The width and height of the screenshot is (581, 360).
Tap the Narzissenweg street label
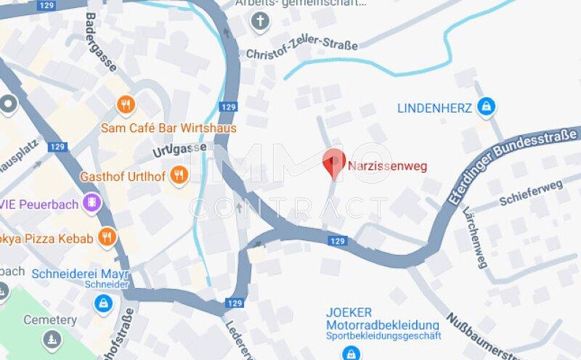point(387,165)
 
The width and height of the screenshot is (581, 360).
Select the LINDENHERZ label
point(434,108)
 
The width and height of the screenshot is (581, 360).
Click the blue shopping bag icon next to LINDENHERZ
point(485,108)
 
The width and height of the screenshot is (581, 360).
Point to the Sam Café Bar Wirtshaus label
point(168,128)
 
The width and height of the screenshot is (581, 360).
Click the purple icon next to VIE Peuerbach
point(92,202)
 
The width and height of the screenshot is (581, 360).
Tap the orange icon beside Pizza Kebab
point(107,237)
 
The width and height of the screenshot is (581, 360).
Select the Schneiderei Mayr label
point(80,274)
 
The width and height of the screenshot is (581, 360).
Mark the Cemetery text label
point(49,319)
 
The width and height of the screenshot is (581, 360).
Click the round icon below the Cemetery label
point(51,339)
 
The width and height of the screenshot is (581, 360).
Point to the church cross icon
point(260,22)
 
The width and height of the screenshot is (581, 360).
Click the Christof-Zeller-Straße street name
point(302,50)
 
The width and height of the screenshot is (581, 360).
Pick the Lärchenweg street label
point(475,237)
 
